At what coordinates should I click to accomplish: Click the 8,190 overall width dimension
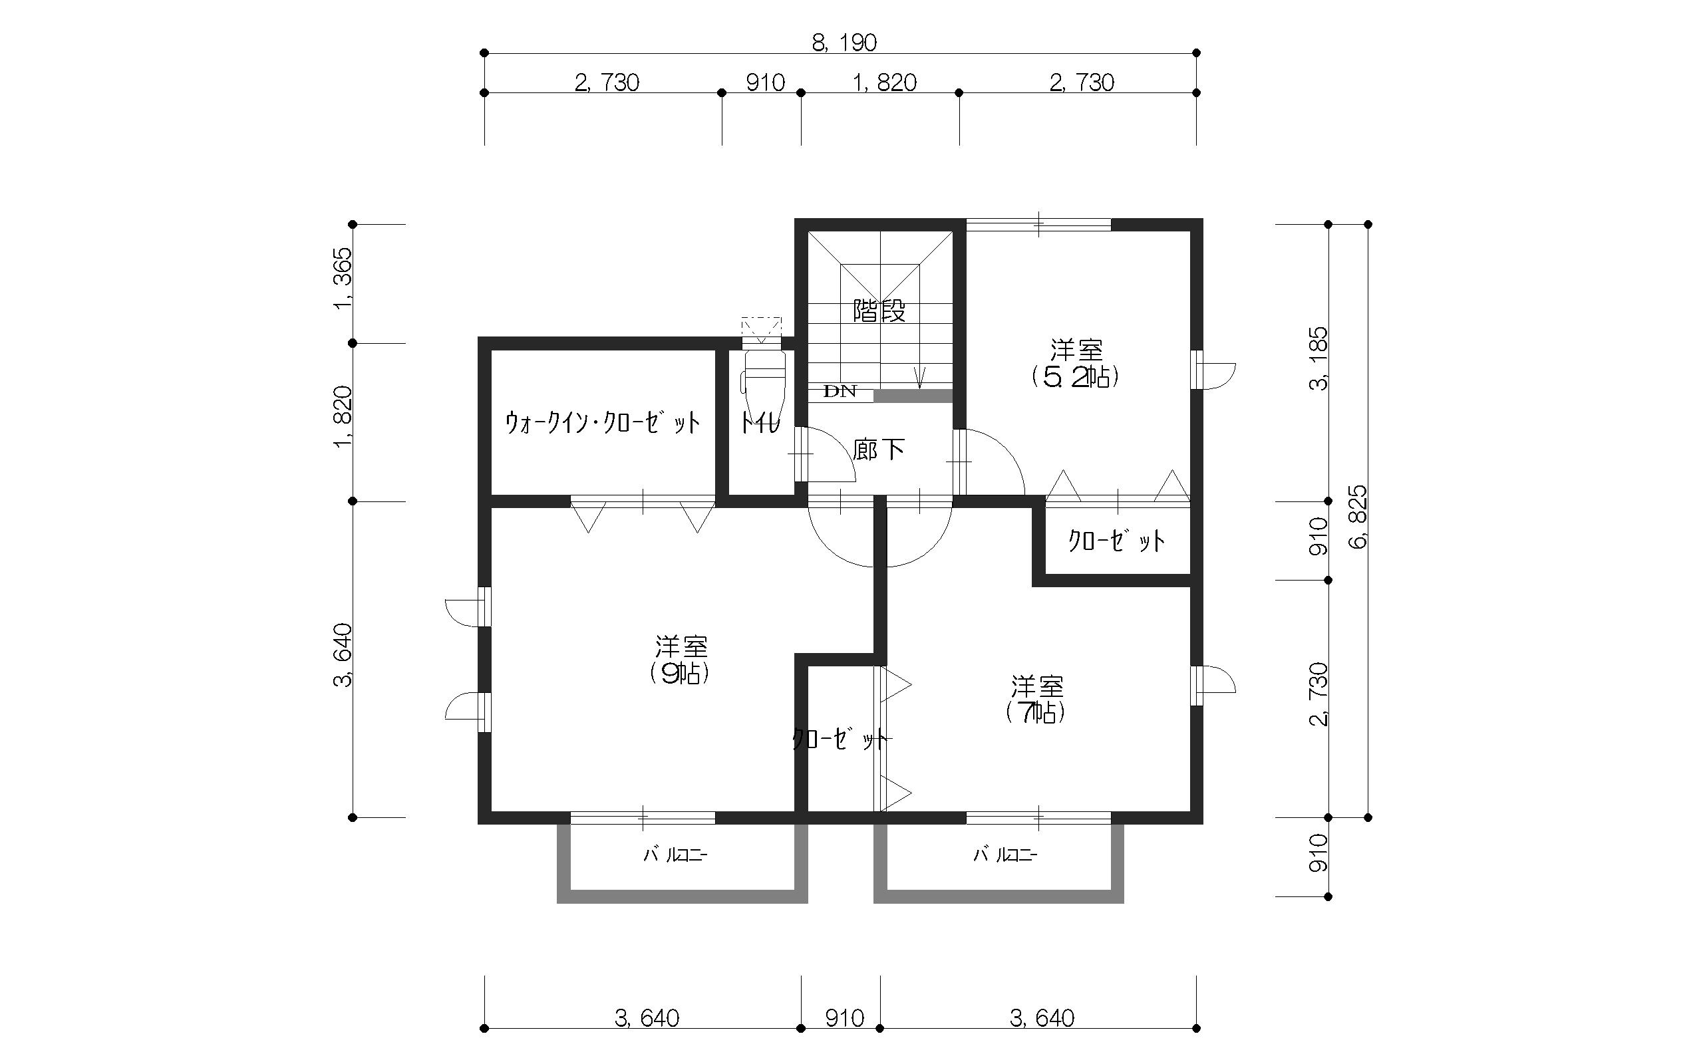point(844,43)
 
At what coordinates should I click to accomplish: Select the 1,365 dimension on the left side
point(343,278)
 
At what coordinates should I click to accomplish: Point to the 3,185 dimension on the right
point(1317,358)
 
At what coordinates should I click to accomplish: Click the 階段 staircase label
point(879,311)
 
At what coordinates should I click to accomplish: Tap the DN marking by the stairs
point(840,391)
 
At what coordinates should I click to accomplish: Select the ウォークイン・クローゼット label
point(603,422)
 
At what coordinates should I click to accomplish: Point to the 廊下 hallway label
point(878,449)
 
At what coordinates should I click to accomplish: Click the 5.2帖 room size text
point(1075,377)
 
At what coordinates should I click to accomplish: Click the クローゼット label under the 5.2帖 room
point(1117,541)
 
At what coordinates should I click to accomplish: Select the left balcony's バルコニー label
point(676,855)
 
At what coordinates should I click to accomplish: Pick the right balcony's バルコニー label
point(1005,855)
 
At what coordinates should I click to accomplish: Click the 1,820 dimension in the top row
point(885,83)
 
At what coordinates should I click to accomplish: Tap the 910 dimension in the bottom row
point(844,1018)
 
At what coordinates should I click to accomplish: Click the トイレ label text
point(760,422)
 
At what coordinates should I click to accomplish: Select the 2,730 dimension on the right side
point(1317,694)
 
